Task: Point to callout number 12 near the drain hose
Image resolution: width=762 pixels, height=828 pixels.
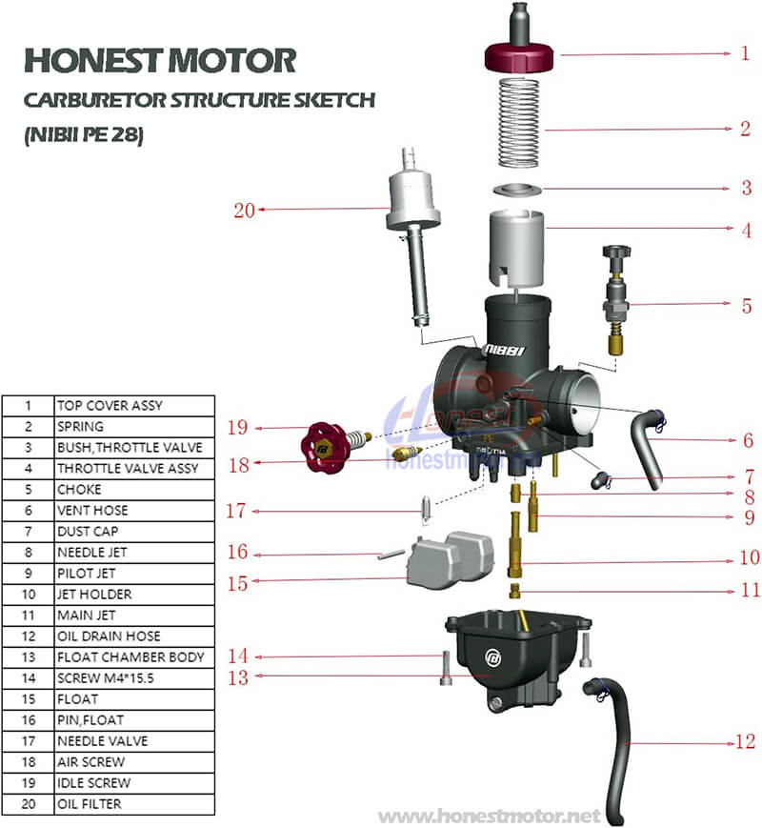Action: point(745,740)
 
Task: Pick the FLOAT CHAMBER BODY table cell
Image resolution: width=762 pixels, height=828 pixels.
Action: point(131,657)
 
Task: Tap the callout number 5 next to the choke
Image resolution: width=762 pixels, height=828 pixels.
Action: point(747,306)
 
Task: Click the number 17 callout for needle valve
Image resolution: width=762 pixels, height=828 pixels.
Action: point(237,512)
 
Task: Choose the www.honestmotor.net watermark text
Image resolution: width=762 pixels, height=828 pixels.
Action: point(490,817)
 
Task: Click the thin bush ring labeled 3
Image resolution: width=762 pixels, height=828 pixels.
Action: point(517,189)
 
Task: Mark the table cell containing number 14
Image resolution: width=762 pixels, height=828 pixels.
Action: point(28,678)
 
